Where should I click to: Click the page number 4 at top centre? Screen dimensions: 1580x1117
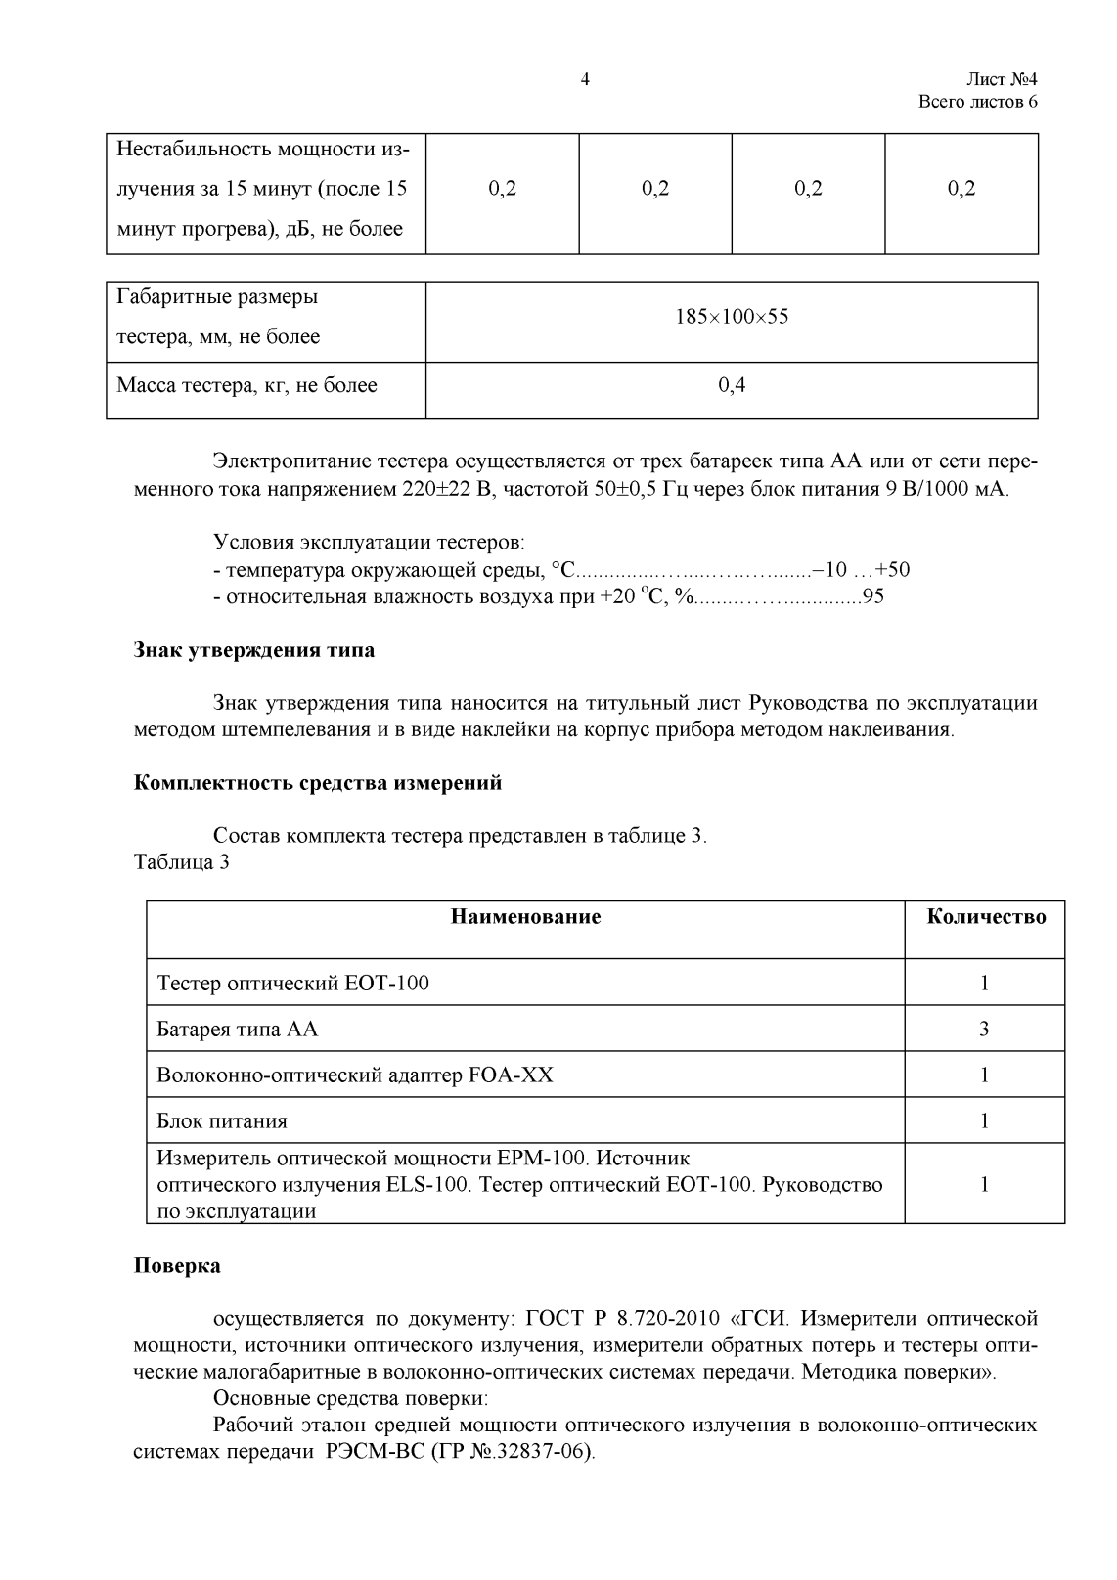(585, 80)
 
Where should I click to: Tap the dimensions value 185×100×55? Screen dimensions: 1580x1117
(732, 317)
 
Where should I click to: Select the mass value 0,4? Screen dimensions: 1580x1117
(732, 385)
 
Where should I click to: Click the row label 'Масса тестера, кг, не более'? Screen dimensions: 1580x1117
(246, 385)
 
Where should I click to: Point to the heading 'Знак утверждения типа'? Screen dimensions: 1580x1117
(253, 649)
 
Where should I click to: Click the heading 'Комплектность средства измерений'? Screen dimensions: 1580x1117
(317, 783)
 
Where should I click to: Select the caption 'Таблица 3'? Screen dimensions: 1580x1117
(181, 862)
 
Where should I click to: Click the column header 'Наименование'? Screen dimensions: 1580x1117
(525, 916)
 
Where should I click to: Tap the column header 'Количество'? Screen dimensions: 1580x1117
(986, 916)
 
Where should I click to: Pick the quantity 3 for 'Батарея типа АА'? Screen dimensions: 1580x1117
(984, 1029)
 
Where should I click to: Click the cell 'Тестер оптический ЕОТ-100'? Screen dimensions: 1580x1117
(292, 983)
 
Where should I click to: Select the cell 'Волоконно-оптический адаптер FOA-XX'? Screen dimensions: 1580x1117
(355, 1075)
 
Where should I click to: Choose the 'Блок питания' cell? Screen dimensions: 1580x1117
(222, 1121)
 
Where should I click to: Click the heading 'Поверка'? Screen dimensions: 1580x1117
(177, 1266)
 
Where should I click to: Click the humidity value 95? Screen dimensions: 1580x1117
(872, 596)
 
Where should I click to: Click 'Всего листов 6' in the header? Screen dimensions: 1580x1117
(977, 103)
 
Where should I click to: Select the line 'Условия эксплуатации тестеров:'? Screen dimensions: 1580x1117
(369, 543)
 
